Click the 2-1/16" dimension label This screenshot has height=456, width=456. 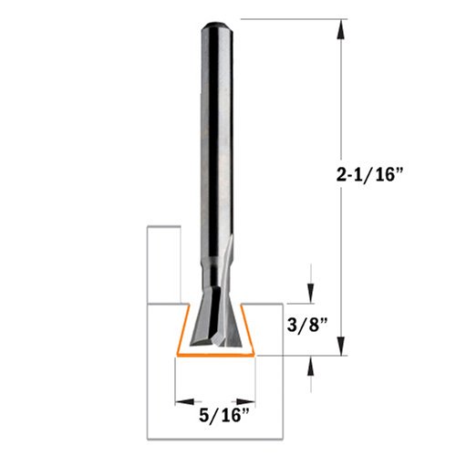[369, 175]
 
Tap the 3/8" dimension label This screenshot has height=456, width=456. [307, 326]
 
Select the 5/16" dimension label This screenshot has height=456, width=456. [224, 415]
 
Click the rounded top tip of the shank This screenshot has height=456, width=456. [217, 23]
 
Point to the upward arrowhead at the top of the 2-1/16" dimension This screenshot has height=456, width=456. [341, 29]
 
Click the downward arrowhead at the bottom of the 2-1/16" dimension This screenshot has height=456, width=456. [341, 346]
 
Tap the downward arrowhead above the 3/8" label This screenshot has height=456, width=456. [311, 294]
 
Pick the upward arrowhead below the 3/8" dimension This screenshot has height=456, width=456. [311, 366]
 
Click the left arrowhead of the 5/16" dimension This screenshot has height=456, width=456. [184, 402]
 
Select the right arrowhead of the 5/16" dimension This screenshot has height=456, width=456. [245, 402]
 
